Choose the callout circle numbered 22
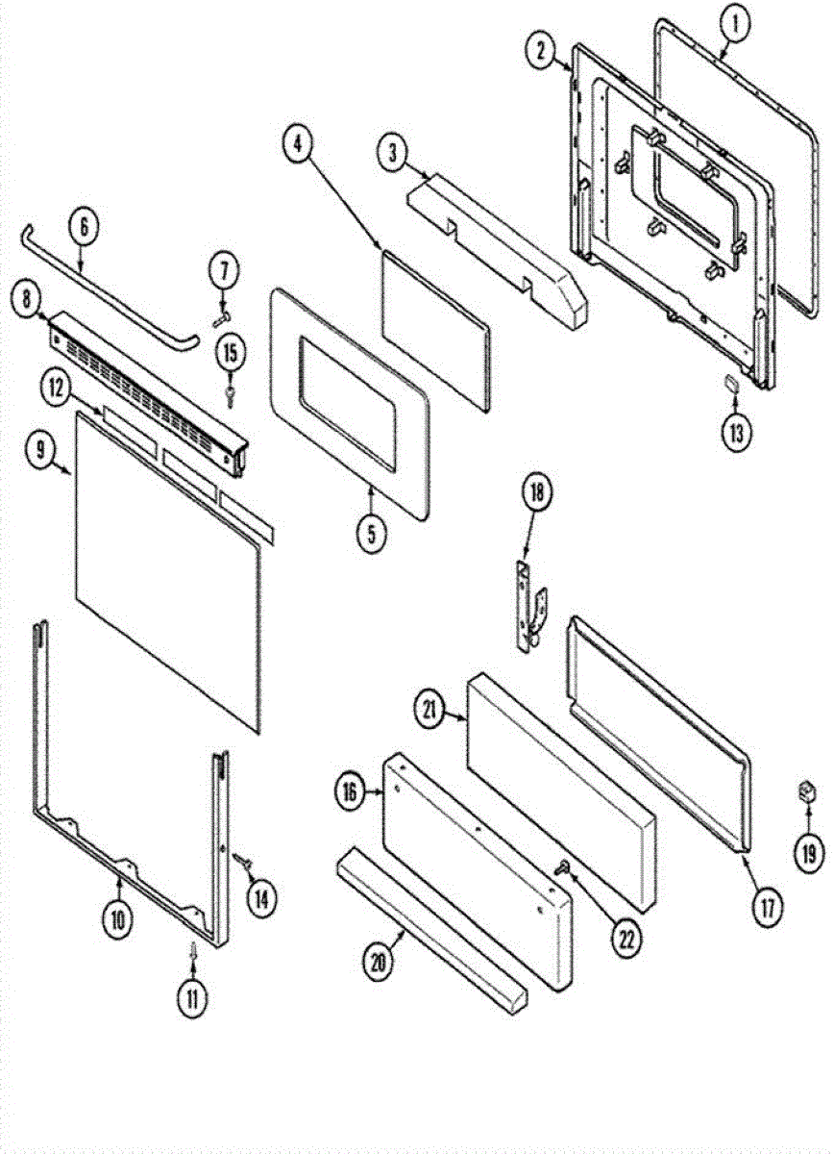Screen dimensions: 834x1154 pyautogui.click(x=626, y=941)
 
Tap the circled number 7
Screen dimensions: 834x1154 pyautogui.click(x=224, y=271)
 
